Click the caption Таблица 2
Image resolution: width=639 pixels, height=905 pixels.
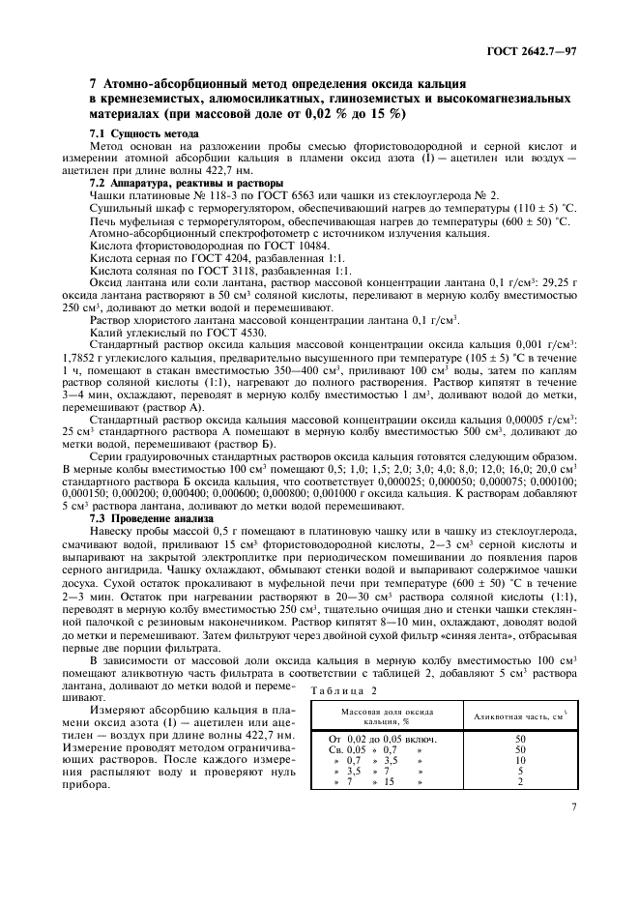point(343,689)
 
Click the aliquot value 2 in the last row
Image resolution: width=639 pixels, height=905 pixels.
point(519,782)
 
